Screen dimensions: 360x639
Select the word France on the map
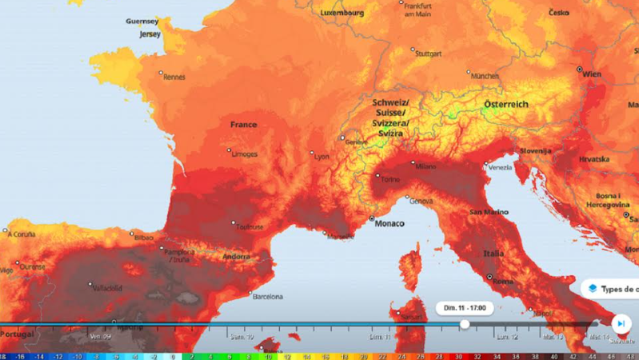243,125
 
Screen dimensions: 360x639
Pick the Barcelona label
267,297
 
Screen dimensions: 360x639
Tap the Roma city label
502,282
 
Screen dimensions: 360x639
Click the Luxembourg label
341,13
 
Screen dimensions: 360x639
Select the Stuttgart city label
429,54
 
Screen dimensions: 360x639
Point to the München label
484,76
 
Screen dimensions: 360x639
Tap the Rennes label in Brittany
174,77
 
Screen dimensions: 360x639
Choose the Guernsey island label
142,22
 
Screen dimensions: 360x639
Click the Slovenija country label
536,150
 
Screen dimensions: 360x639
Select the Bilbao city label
144,238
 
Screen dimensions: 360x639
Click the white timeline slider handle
465,324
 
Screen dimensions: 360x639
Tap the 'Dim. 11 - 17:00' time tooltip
465,307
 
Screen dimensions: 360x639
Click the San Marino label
489,212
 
